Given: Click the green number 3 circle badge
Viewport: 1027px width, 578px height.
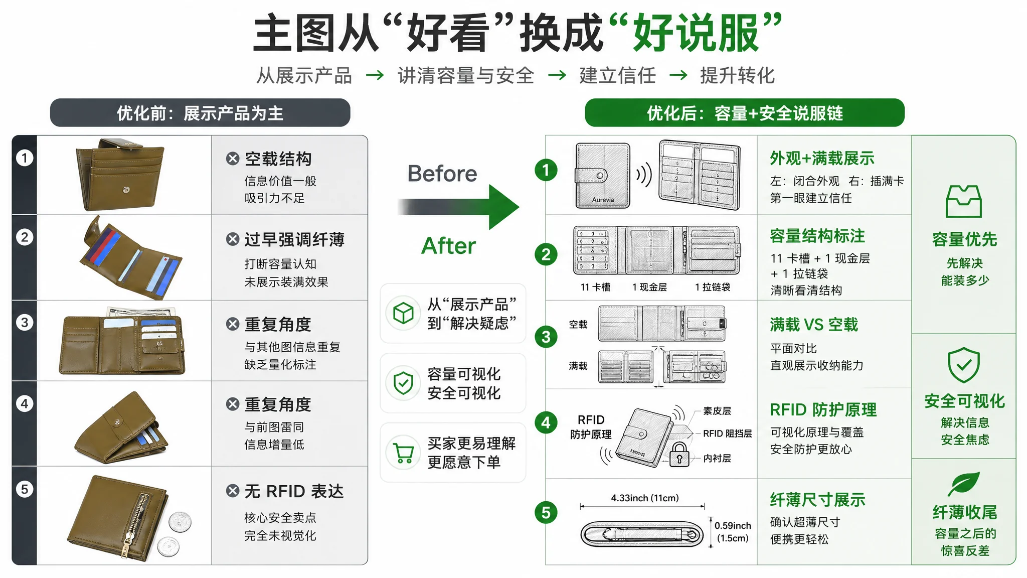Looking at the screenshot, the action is coord(546,337).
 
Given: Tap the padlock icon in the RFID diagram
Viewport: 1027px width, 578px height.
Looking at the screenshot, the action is coord(679,455).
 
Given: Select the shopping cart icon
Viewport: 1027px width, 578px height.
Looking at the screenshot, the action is coord(404,453).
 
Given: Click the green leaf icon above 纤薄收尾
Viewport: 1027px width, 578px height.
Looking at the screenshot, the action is coord(964,483).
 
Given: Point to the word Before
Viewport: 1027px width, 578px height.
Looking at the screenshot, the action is coord(442,174).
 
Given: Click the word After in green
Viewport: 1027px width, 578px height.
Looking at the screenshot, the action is coord(448,246).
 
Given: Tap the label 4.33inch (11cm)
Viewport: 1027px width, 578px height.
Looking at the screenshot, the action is coord(644,498).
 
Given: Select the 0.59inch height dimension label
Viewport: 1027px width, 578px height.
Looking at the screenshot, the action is coord(733,531).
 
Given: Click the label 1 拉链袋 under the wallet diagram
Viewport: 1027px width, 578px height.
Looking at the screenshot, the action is coord(712,287).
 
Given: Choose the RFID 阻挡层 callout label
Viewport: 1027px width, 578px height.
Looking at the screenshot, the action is coord(727,434).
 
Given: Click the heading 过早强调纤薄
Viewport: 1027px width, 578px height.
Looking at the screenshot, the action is coord(294,239).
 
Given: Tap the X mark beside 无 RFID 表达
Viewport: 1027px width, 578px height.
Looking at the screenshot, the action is coord(233,491).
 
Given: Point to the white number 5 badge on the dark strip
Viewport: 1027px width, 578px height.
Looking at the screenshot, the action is coord(25,489).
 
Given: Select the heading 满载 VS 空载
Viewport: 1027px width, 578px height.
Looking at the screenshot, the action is coord(814,325).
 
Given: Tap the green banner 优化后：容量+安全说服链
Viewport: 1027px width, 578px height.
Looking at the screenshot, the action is coord(745,113).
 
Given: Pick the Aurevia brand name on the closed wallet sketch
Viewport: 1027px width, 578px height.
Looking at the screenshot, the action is coord(603,200).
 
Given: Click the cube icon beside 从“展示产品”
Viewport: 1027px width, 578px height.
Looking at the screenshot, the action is coord(404,314).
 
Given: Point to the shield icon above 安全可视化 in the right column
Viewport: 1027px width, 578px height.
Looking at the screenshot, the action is coord(963,365).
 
